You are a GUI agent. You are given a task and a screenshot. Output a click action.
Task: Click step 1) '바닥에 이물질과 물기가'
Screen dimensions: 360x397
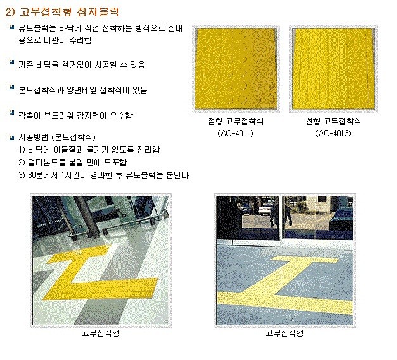(89, 150)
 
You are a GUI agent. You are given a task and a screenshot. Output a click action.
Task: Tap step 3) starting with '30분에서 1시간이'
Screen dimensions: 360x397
(105, 176)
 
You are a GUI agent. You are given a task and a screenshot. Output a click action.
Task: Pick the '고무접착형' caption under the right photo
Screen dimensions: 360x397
(284, 332)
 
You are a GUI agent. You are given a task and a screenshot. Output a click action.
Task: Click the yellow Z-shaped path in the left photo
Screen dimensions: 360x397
(101, 273)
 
